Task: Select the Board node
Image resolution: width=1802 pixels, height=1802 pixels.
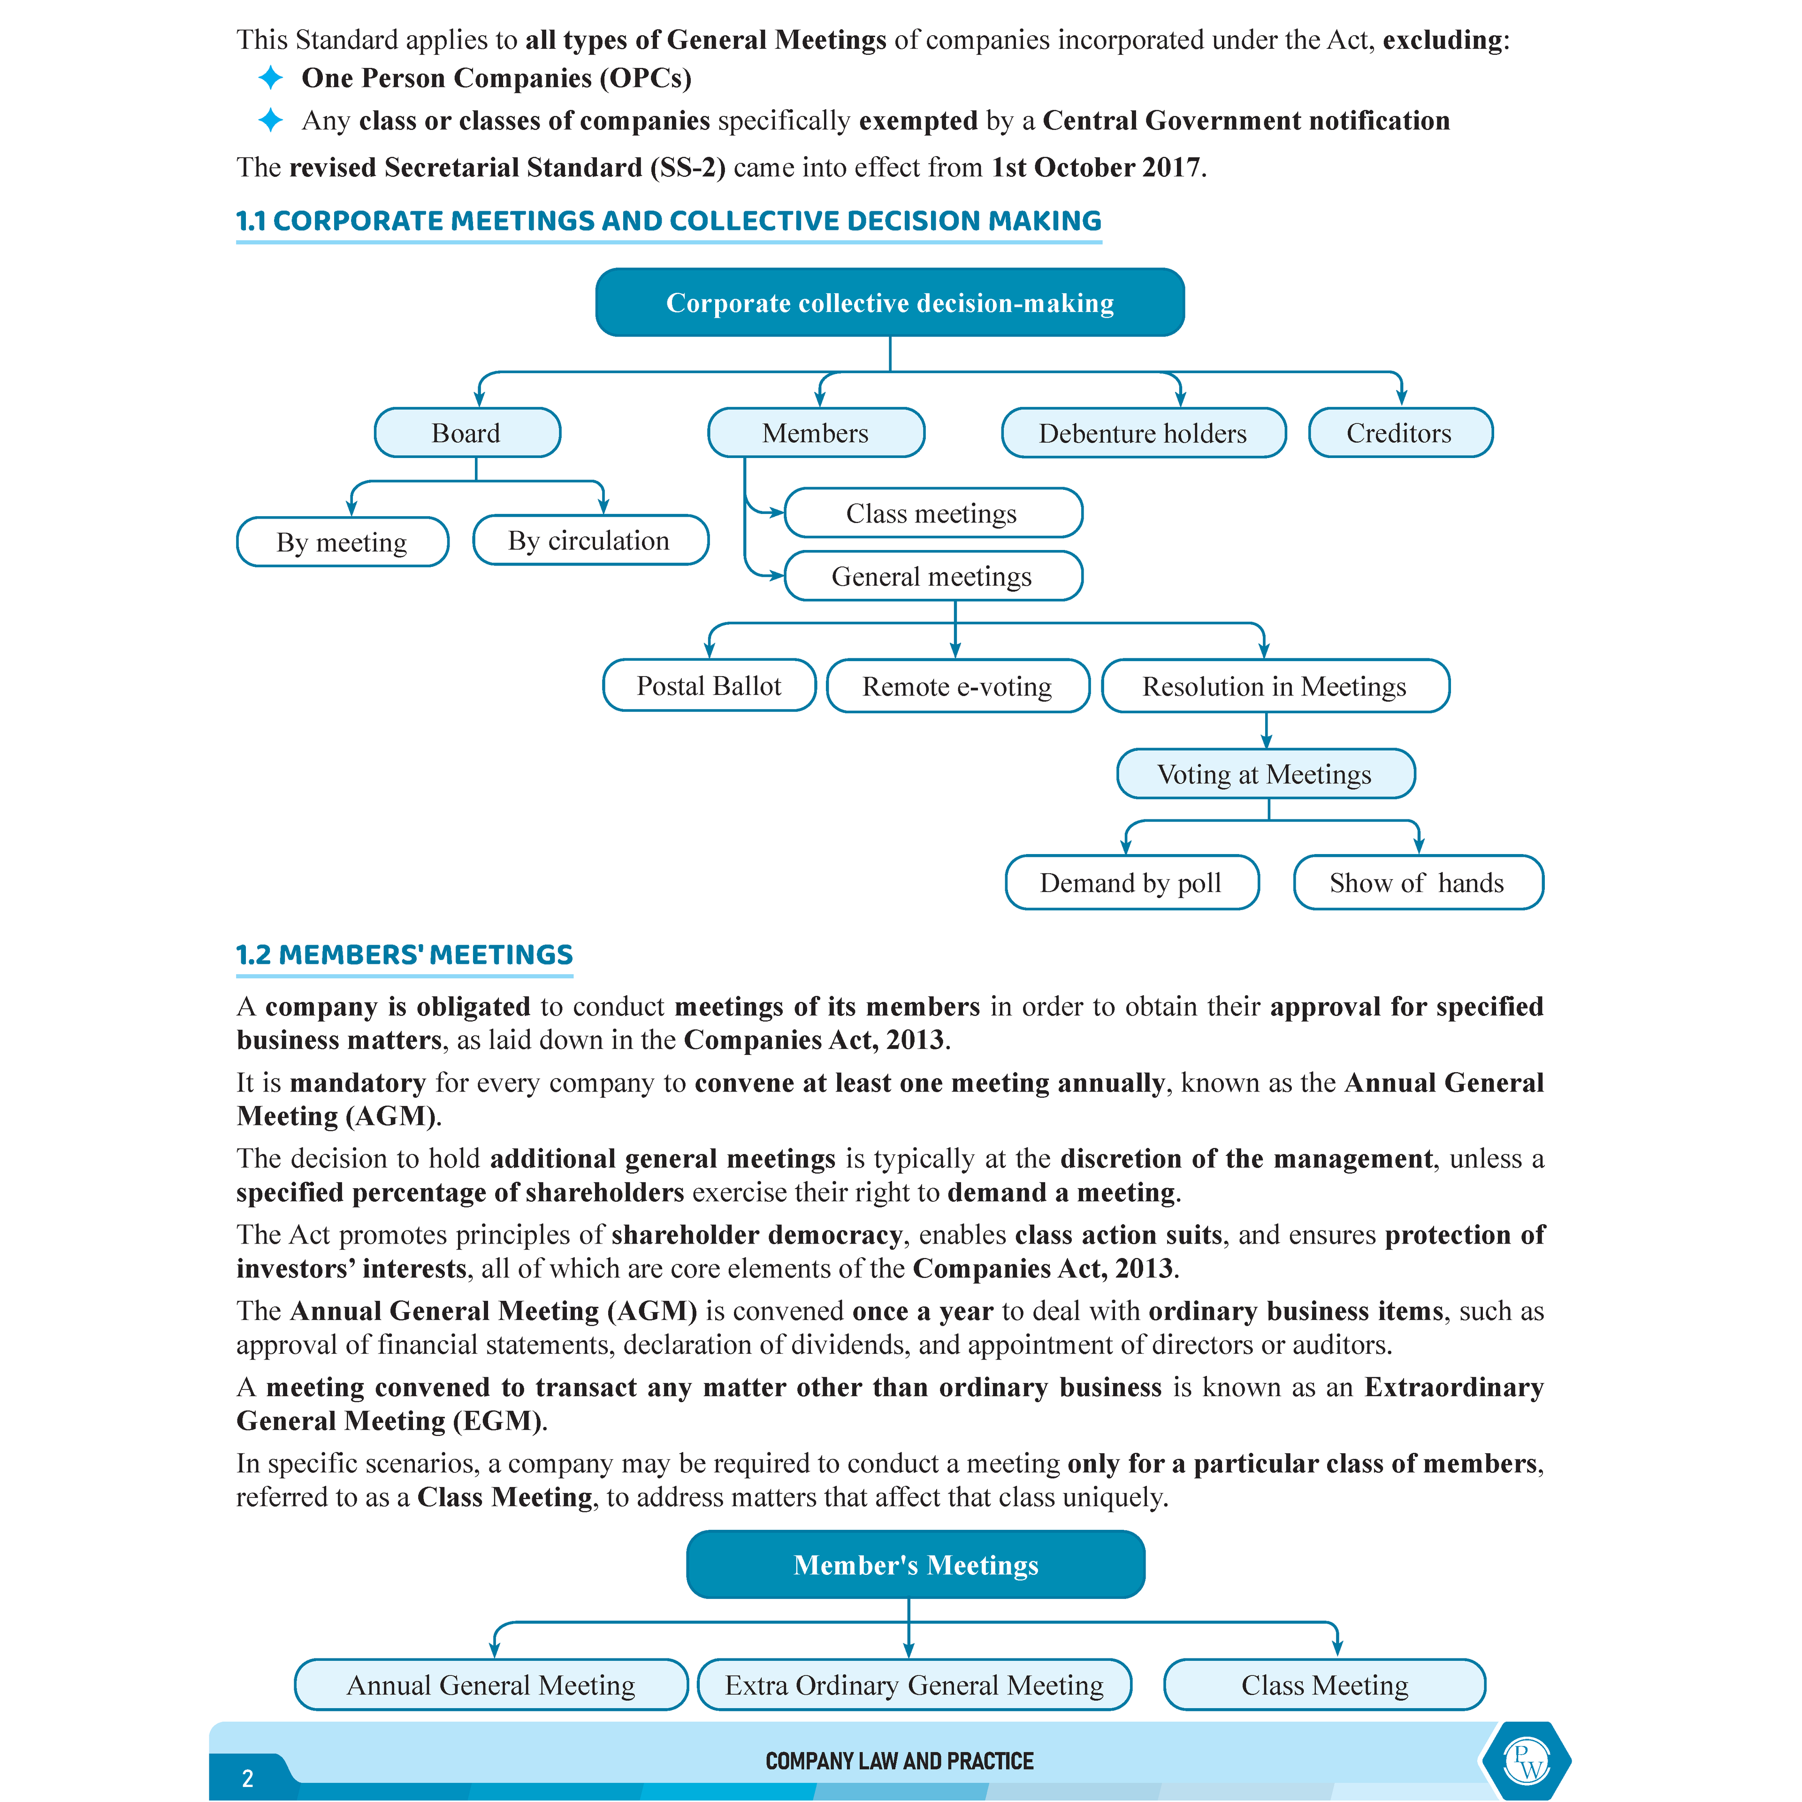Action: pos(466,433)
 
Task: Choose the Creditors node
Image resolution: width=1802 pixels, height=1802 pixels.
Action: pos(1399,433)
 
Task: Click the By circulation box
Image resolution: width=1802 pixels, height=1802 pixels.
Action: pos(589,540)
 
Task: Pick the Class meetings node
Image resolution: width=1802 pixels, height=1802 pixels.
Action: pos(932,513)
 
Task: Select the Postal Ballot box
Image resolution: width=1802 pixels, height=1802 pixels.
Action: pos(709,686)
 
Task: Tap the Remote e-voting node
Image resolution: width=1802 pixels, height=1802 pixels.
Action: pos(957,687)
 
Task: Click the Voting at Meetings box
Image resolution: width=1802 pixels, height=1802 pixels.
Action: pos(1265,774)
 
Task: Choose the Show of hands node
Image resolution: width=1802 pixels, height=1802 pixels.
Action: pos(1417,882)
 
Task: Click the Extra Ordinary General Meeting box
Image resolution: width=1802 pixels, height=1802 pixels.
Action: pos(914,1685)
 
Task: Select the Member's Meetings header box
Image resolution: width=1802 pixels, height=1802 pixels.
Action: pos(915,1564)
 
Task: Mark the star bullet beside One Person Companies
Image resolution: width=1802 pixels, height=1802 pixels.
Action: pos(270,77)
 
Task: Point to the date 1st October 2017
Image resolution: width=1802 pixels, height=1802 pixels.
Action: pos(1096,167)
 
